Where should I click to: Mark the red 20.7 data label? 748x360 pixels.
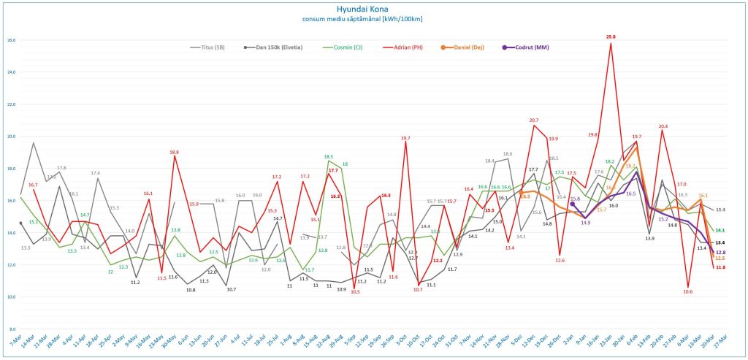pos(534,120)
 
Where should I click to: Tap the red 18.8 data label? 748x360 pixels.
pos(175,152)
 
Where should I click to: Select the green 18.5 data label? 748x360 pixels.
pos(329,156)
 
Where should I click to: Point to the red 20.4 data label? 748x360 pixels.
pos(663,126)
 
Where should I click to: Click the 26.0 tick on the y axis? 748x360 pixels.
pos(11,40)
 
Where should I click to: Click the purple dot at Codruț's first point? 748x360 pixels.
pos(572,204)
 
